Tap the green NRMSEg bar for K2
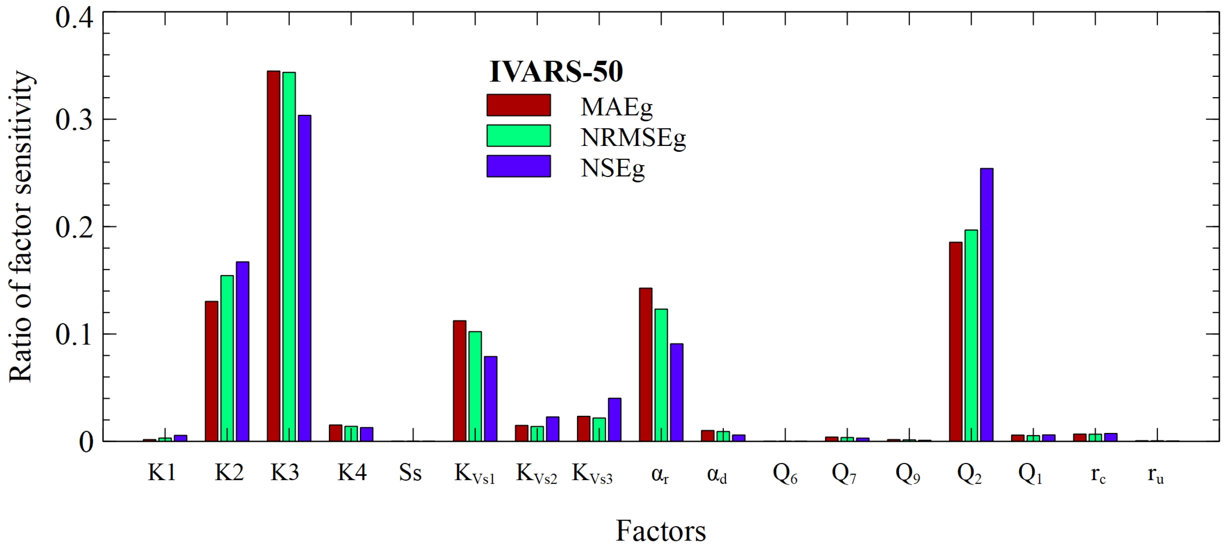coord(227,358)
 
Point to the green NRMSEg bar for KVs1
coord(475,386)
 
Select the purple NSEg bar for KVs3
coord(614,419)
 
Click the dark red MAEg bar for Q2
coord(956,341)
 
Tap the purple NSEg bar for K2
coord(242,351)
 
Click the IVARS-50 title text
coord(556,72)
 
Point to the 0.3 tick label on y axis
coord(74,120)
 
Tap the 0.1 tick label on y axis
coord(74,334)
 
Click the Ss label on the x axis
coord(410,473)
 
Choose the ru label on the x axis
coord(1155,475)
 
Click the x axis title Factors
coord(660,530)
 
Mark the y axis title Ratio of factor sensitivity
coord(21,227)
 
